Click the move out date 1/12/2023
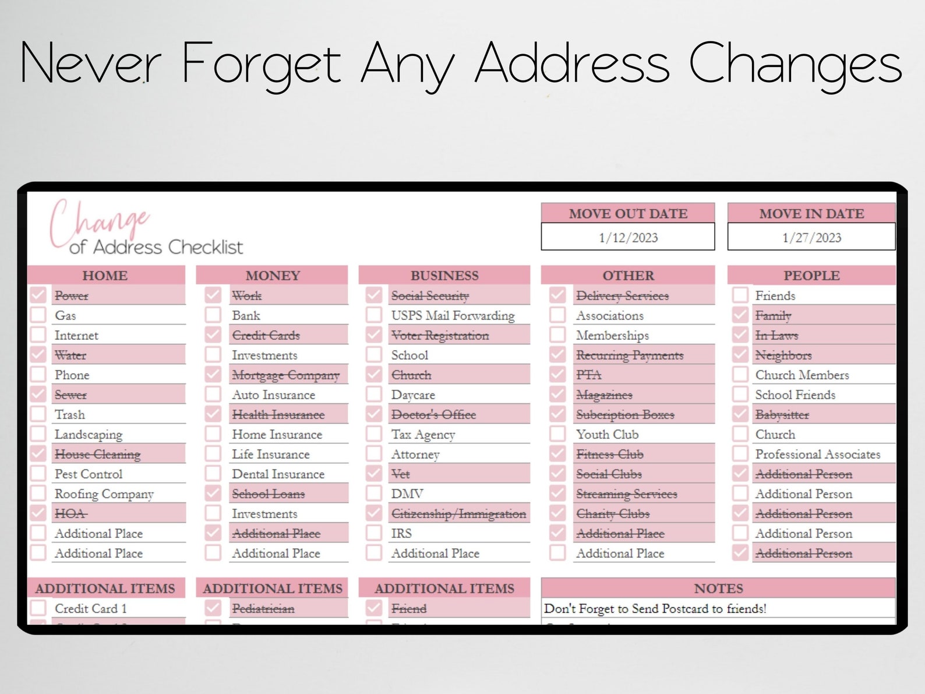pos(628,238)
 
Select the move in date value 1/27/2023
pos(811,238)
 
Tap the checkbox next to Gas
pos(38,315)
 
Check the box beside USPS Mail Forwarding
pos(374,315)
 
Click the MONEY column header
pos(273,276)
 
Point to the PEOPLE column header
pos(811,276)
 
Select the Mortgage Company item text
pos(285,375)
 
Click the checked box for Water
pos(38,355)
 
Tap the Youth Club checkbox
pos(557,434)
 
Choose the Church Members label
pos(802,375)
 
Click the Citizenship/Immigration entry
pos(458,514)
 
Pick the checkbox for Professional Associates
pos(740,454)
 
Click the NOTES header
pos(718,589)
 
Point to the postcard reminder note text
pos(655,609)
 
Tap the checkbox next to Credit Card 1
pos(38,608)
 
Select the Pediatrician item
pos(263,609)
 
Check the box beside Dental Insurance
pos(213,474)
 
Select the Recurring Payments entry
pos(630,355)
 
